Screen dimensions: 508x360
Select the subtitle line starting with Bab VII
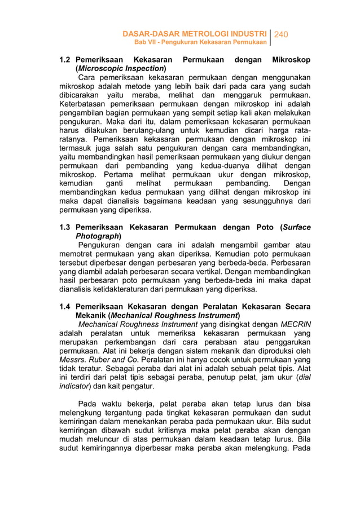pos(200,43)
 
